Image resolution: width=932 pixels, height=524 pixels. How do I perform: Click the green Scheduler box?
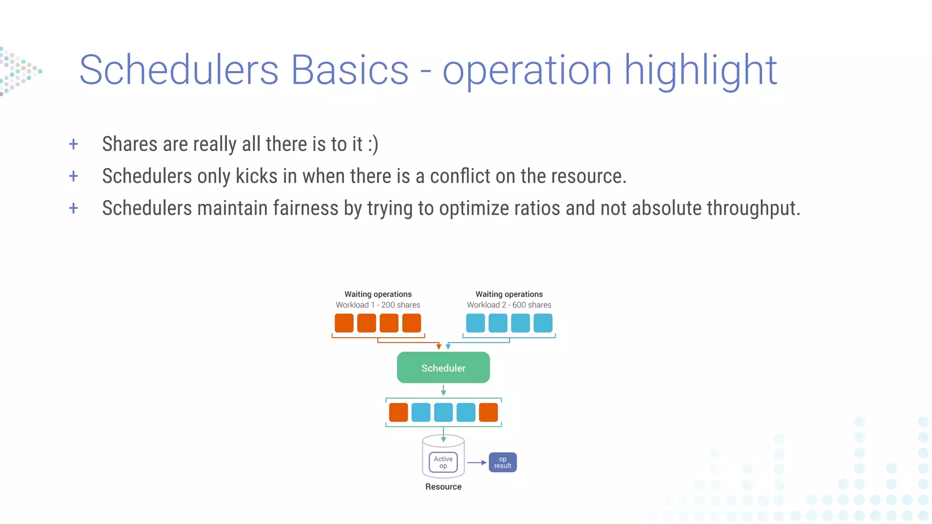pyautogui.click(x=443, y=368)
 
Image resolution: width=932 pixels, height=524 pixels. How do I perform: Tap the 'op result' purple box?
pyautogui.click(x=502, y=462)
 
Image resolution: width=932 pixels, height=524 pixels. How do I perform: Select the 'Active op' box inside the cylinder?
pyautogui.click(x=443, y=462)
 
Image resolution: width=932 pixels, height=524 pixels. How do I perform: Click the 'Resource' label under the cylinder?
pyautogui.click(x=443, y=487)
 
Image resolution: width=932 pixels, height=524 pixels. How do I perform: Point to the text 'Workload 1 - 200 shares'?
pyautogui.click(x=378, y=305)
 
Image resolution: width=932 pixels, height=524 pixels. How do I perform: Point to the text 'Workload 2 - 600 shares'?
pyautogui.click(x=509, y=305)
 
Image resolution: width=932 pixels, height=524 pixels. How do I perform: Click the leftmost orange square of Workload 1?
pyautogui.click(x=344, y=323)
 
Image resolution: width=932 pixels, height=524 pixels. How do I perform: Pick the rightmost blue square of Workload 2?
pyautogui.click(x=542, y=323)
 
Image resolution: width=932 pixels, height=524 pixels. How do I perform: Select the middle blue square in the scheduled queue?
pyautogui.click(x=443, y=412)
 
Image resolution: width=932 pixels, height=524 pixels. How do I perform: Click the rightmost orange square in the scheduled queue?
pyautogui.click(x=488, y=412)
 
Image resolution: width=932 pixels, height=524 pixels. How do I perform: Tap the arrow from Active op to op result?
pyautogui.click(x=476, y=463)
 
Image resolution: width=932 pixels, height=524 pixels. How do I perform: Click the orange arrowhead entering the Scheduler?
pyautogui.click(x=439, y=347)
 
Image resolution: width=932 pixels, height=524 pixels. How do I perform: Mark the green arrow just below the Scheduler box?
pyautogui.click(x=443, y=390)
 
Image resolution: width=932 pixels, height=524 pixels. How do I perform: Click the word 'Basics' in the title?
pyautogui.click(x=349, y=70)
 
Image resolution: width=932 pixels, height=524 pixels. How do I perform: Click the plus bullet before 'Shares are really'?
pyautogui.click(x=73, y=145)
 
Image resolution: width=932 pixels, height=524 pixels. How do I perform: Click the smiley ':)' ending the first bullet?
pyautogui.click(x=373, y=145)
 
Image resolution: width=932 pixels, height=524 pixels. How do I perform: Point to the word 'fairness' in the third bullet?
pyautogui.click(x=305, y=208)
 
